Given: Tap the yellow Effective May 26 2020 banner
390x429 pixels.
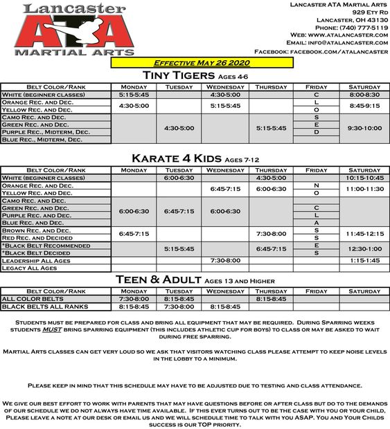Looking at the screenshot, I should [x=202, y=62].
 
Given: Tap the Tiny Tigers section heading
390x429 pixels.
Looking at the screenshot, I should [x=195, y=75].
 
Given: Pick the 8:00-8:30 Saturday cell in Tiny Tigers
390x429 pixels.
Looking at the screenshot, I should [x=364, y=94].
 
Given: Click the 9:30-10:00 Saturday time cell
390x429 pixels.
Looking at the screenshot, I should [x=364, y=128].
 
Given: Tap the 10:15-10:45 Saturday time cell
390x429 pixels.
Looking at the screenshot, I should [x=364, y=178].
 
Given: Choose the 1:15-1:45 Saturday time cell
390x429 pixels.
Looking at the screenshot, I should [x=364, y=260].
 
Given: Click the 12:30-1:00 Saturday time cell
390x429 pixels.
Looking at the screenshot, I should [x=364, y=249].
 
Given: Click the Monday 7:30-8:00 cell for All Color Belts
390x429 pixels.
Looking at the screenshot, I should [x=134, y=299].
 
